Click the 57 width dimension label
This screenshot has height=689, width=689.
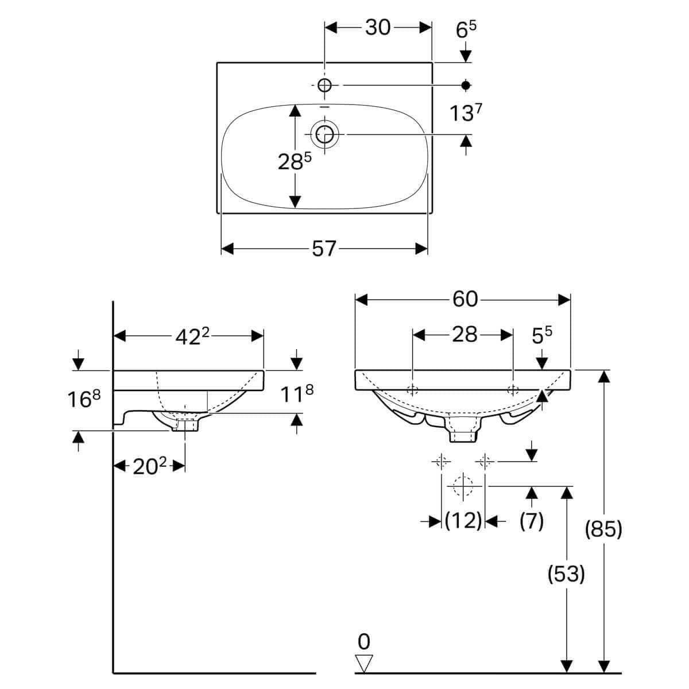(324, 249)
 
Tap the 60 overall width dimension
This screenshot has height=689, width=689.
(465, 299)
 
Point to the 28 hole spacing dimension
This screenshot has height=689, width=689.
(465, 335)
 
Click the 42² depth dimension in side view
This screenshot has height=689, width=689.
(192, 336)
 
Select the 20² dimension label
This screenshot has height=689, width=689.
(150, 466)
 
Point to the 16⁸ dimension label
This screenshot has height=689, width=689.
(84, 398)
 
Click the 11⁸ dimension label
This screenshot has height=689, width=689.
(297, 394)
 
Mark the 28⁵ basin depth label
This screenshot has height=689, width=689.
(295, 161)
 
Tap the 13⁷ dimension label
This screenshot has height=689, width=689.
(466, 113)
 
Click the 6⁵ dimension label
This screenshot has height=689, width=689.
(466, 30)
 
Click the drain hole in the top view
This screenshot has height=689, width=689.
(324, 134)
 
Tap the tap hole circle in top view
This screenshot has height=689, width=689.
(324, 85)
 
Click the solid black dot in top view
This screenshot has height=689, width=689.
(466, 85)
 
